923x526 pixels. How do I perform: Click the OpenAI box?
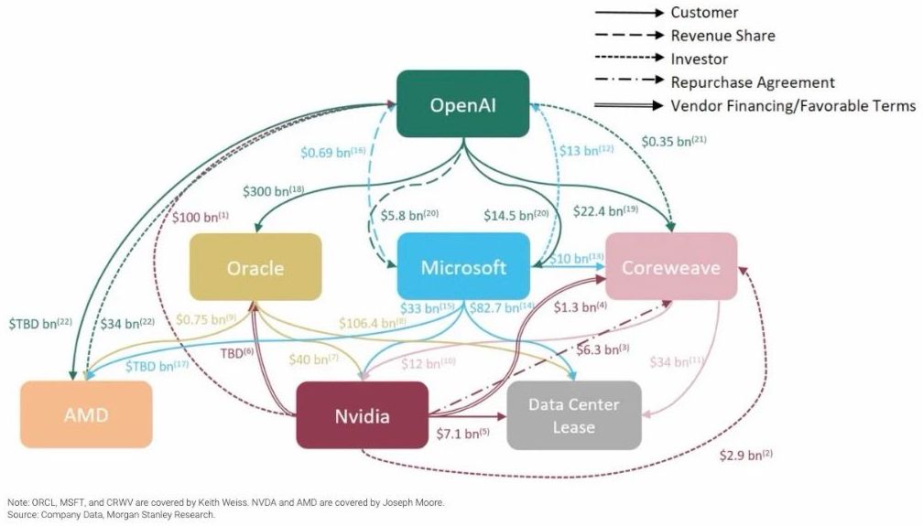tap(462, 104)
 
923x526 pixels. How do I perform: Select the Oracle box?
tap(255, 268)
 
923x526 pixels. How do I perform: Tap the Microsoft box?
tap(463, 267)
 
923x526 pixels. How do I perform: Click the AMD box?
tap(86, 414)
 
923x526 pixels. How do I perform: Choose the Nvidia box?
tap(362, 415)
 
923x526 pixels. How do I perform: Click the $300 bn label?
tap(273, 192)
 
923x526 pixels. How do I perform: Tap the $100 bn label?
tap(201, 219)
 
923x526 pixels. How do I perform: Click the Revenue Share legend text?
tap(722, 36)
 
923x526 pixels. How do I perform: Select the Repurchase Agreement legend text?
tap(753, 82)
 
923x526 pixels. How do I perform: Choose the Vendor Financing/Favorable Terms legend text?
tap(793, 105)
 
